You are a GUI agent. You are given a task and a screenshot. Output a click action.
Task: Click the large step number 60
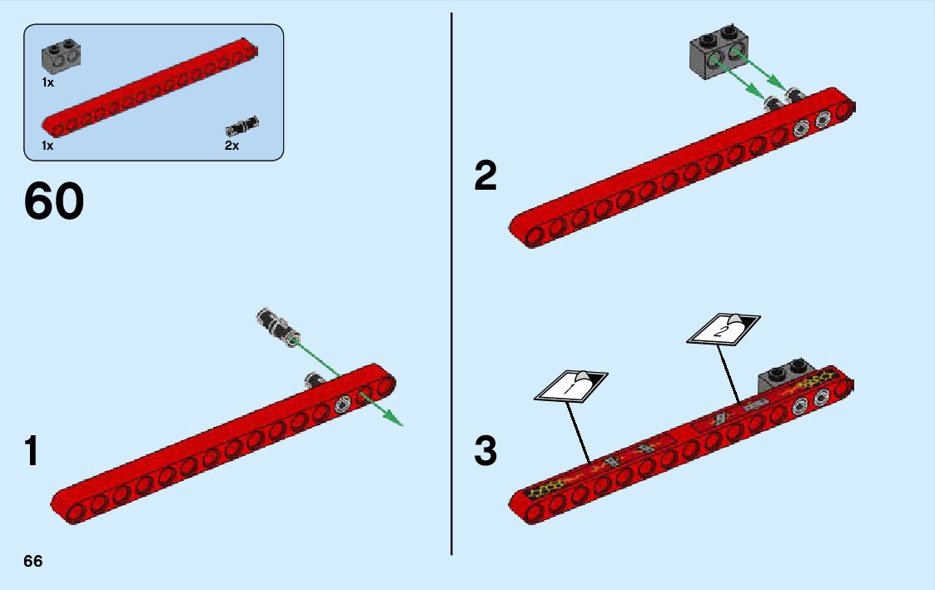[x=54, y=202]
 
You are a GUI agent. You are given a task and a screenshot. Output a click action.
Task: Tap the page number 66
[x=33, y=561]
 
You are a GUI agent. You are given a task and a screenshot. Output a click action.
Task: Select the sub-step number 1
[x=31, y=452]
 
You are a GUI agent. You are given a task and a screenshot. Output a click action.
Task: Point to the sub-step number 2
[x=485, y=176]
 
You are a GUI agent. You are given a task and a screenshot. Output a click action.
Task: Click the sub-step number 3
[x=485, y=452]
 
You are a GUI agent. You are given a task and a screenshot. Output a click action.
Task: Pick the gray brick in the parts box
[x=62, y=55]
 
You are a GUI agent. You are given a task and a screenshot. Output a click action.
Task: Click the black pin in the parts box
[x=242, y=127]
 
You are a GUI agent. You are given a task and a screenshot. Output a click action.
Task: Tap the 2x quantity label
[x=231, y=146]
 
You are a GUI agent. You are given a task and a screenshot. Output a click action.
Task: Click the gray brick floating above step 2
[x=716, y=57]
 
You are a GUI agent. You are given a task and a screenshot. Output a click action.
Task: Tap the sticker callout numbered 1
[x=571, y=385]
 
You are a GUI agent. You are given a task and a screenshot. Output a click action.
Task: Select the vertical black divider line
[x=451, y=283]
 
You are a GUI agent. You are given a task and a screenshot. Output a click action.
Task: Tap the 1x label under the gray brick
[x=48, y=82]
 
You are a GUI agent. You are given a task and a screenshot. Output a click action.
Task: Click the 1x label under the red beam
[x=48, y=146]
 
